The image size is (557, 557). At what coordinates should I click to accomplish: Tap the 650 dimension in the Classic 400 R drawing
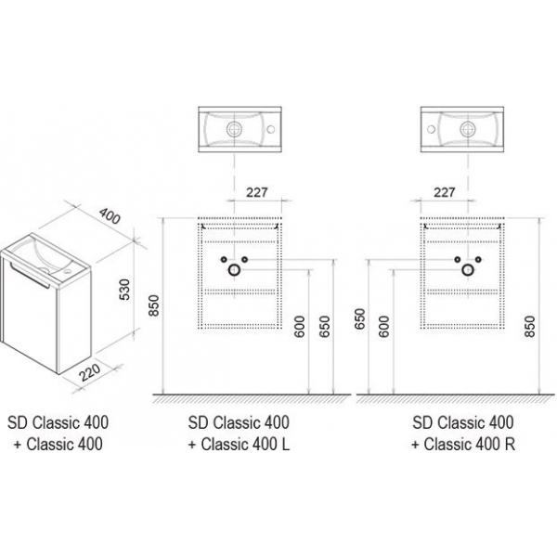pos(362,321)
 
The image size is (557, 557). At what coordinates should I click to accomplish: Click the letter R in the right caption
pos(509,445)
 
